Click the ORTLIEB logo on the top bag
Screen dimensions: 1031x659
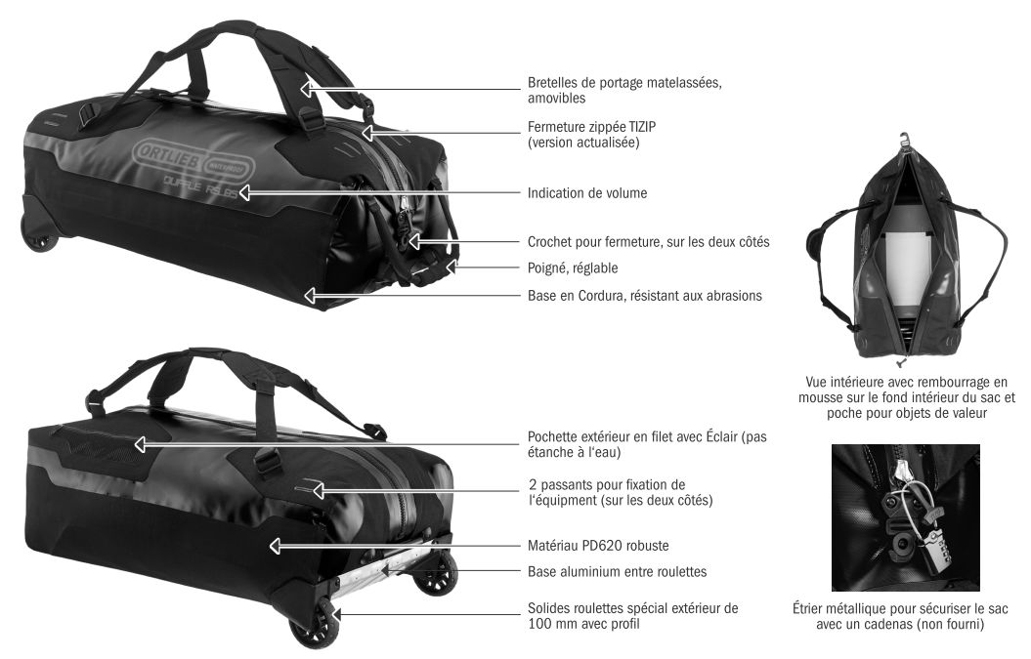[193, 160]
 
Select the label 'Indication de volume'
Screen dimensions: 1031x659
[587, 193]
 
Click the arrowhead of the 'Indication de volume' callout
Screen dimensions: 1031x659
[244, 192]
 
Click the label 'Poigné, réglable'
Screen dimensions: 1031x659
[573, 268]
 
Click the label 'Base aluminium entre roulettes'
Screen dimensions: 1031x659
[618, 571]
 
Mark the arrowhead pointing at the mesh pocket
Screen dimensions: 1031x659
[140, 445]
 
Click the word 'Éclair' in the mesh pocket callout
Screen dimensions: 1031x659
[722, 436]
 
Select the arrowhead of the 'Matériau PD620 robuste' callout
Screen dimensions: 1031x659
[275, 546]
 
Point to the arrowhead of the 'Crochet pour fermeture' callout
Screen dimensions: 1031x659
[413, 242]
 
